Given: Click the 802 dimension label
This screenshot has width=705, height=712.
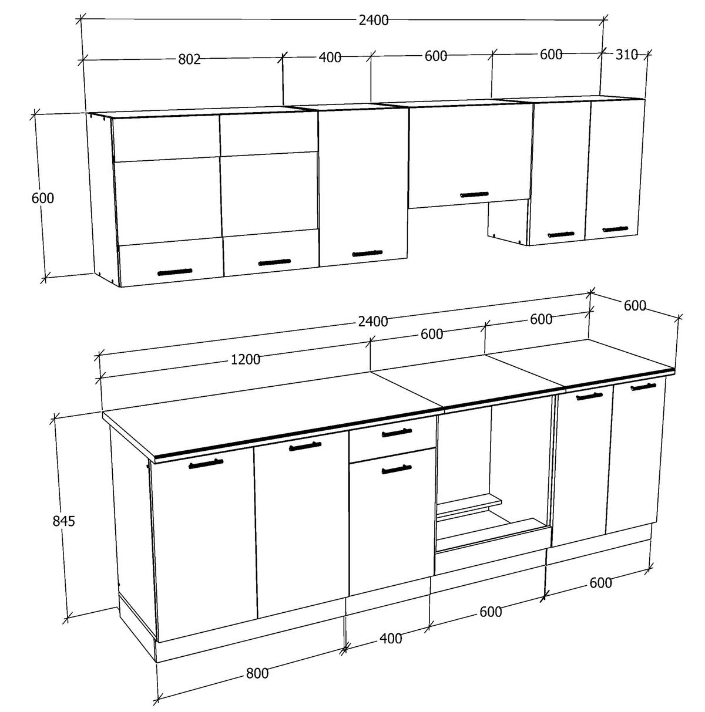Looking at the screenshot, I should pyautogui.click(x=190, y=59).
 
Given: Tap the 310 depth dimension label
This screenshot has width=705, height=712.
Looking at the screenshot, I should pyautogui.click(x=627, y=55).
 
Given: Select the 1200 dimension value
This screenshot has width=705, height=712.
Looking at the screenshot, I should pyautogui.click(x=246, y=360).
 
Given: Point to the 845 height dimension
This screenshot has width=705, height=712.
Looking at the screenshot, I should pyautogui.click(x=63, y=521).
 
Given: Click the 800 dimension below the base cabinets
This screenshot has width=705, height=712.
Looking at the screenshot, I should pyautogui.click(x=257, y=673).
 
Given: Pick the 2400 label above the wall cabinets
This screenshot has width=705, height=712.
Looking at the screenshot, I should pyautogui.click(x=373, y=20).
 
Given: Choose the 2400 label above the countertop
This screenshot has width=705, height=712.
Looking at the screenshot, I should pyautogui.click(x=373, y=321).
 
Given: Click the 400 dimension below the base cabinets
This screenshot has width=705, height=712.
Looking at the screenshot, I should pyautogui.click(x=391, y=638).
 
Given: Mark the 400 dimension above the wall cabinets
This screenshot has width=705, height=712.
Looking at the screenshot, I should pyautogui.click(x=330, y=57).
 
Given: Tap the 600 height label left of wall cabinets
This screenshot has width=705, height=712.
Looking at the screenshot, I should pyautogui.click(x=42, y=198).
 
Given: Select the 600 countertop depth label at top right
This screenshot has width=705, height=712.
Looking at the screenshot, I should pyautogui.click(x=635, y=306).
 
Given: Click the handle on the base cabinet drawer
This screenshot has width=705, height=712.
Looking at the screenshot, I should pyautogui.click(x=397, y=433).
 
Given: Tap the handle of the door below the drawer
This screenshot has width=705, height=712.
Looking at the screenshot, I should pyautogui.click(x=397, y=469).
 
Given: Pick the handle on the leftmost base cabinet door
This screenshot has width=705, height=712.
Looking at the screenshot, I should pyautogui.click(x=206, y=464).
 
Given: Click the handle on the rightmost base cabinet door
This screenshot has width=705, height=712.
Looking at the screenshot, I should pyautogui.click(x=643, y=386).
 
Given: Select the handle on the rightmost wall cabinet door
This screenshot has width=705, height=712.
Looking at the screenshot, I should pyautogui.click(x=615, y=229).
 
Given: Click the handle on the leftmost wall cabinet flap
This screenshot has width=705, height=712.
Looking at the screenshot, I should pyautogui.click(x=175, y=272).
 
